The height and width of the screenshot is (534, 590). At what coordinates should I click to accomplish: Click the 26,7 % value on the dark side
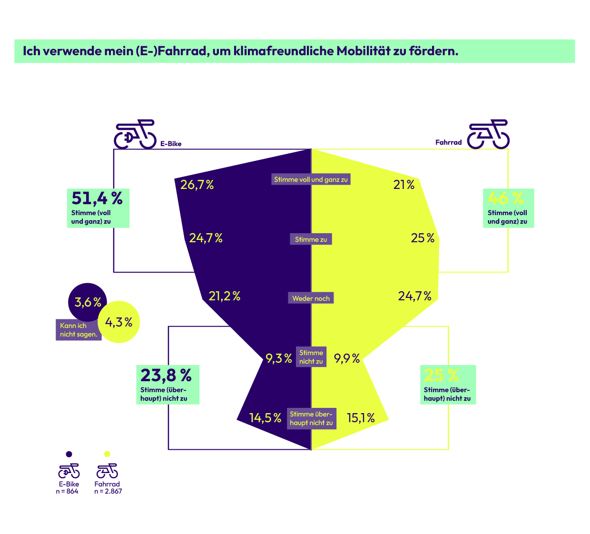(x=197, y=185)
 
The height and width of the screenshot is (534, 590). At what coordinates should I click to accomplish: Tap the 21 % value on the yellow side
(x=403, y=185)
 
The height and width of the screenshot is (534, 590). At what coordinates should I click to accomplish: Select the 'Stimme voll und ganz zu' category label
(x=311, y=179)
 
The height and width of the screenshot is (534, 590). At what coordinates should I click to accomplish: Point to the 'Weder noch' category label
(x=311, y=298)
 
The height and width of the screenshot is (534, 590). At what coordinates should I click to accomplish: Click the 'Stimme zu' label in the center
(x=311, y=239)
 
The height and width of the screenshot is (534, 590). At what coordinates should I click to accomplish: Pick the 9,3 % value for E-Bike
(x=278, y=358)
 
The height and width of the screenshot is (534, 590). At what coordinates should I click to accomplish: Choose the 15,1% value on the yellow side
(x=361, y=418)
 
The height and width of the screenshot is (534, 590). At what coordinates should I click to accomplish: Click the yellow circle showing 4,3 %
(x=119, y=322)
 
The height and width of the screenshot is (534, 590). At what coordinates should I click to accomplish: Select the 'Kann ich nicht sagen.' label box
(x=79, y=330)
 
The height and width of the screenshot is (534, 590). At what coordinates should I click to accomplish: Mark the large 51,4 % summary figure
(x=97, y=198)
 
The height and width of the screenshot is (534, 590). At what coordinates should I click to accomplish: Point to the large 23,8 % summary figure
(x=166, y=376)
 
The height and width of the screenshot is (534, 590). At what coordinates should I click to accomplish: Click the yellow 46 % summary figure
(x=505, y=198)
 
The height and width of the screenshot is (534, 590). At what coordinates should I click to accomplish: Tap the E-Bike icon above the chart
(x=135, y=134)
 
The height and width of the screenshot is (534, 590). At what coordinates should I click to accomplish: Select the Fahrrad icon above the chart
(x=488, y=134)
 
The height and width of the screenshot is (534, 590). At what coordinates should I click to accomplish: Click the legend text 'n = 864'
(x=67, y=492)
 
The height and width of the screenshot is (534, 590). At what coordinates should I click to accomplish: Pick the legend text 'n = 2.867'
(x=108, y=492)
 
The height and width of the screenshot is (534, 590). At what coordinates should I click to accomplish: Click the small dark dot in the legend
(x=69, y=454)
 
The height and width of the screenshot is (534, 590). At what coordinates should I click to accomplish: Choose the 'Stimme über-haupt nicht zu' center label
(x=311, y=418)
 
